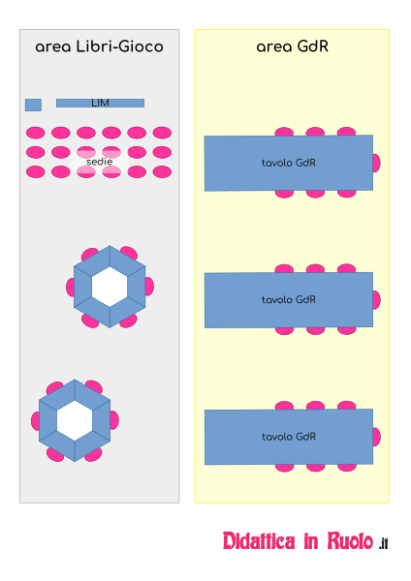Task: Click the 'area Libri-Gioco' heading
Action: (x=99, y=46)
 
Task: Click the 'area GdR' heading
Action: (x=293, y=46)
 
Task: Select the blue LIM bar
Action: (x=100, y=103)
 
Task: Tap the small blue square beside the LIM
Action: (x=33, y=105)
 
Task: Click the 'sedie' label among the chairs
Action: (x=100, y=162)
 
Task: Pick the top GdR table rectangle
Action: (x=289, y=163)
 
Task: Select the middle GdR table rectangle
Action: (x=289, y=300)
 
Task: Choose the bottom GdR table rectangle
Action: (x=289, y=437)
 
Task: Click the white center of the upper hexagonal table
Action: (x=110, y=287)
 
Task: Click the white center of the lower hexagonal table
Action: (x=75, y=420)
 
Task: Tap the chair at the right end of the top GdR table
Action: (x=376, y=163)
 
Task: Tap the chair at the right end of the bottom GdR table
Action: (x=376, y=437)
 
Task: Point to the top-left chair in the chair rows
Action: (x=36, y=133)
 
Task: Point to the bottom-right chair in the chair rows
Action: (x=162, y=172)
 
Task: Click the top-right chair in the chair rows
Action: (x=162, y=133)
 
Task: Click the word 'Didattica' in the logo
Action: (x=259, y=541)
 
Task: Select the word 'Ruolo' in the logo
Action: (x=350, y=541)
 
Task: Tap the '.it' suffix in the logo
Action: (x=384, y=543)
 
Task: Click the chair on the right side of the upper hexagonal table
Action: (x=149, y=287)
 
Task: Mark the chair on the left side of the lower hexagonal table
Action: (x=35, y=421)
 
